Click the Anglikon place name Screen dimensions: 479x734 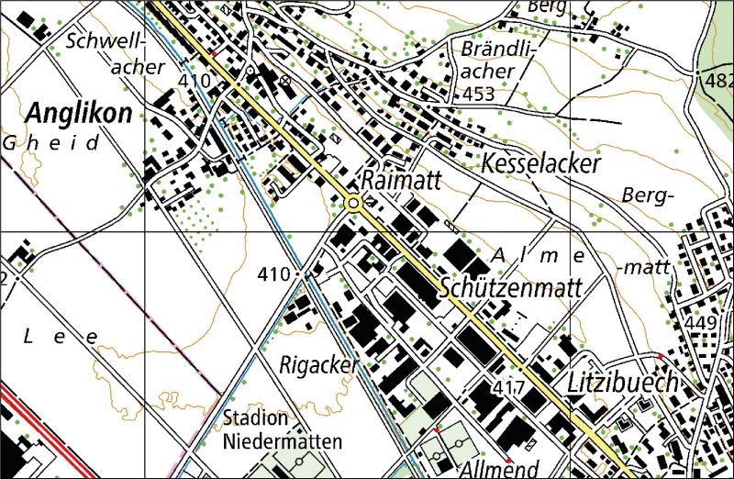click(79, 114)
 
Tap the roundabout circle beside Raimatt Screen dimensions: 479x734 click(354, 204)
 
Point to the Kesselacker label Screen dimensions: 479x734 click(540, 164)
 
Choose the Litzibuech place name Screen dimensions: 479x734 click(622, 382)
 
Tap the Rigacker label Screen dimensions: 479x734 click(317, 365)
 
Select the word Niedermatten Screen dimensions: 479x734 click(283, 441)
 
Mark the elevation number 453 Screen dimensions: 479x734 click(478, 95)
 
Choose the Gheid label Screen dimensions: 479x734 click(50, 143)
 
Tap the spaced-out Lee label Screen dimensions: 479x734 click(60, 337)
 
